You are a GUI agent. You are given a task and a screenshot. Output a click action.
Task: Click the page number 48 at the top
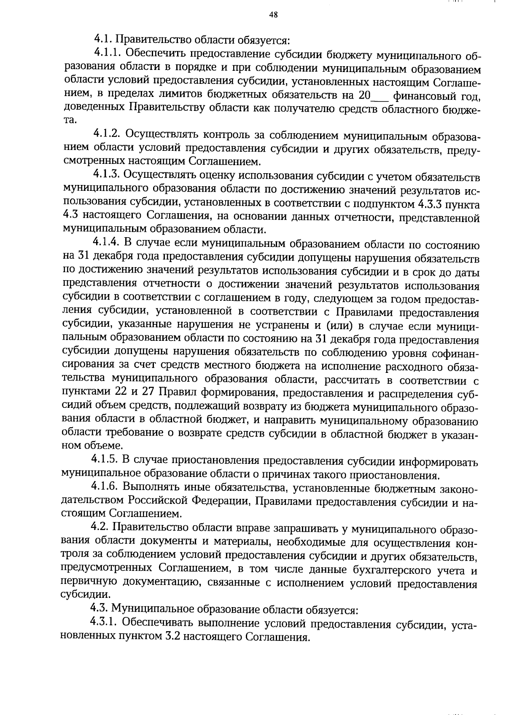coord(273,15)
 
